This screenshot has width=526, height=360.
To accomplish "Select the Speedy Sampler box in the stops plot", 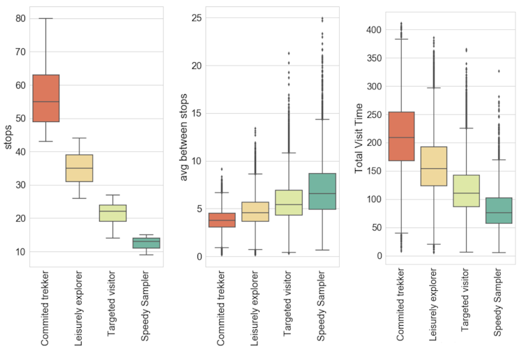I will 146,243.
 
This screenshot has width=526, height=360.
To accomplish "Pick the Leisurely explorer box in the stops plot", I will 80,168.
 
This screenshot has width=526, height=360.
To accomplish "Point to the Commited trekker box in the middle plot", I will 221,220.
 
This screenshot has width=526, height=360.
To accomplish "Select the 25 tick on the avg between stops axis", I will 195,17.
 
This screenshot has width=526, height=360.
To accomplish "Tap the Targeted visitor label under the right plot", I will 465,306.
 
